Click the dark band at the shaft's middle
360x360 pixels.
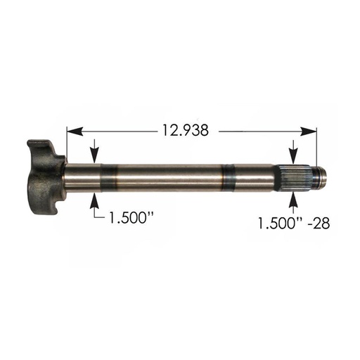click(226, 177)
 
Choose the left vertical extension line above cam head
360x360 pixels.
click(66, 144)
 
